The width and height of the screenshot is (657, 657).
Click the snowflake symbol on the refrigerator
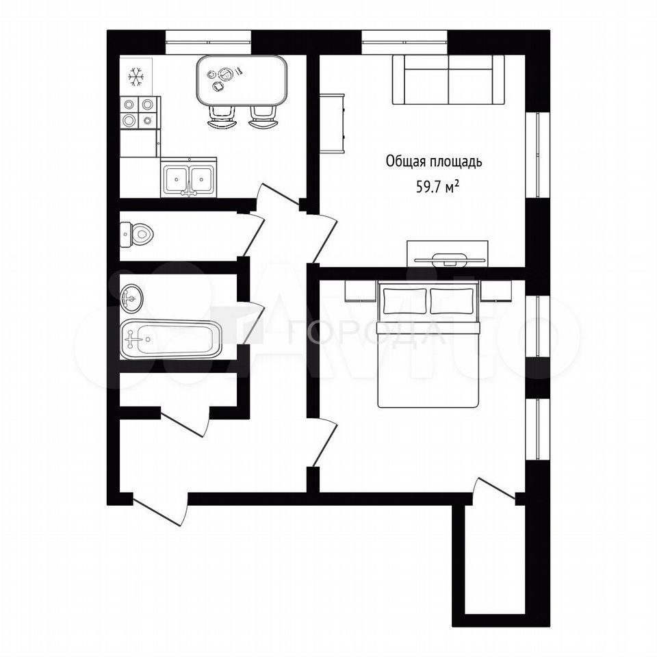[136, 77]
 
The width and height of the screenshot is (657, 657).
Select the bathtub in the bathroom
[170, 339]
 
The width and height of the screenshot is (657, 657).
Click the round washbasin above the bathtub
[131, 298]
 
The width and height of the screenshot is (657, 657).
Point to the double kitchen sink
[189, 177]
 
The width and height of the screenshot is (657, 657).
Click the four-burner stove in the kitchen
[140, 112]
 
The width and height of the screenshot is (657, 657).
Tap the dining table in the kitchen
[242, 81]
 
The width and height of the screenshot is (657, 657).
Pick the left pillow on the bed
[404, 301]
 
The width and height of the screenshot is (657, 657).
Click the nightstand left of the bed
[361, 291]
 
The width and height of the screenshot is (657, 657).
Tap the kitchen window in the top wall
[208, 42]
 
